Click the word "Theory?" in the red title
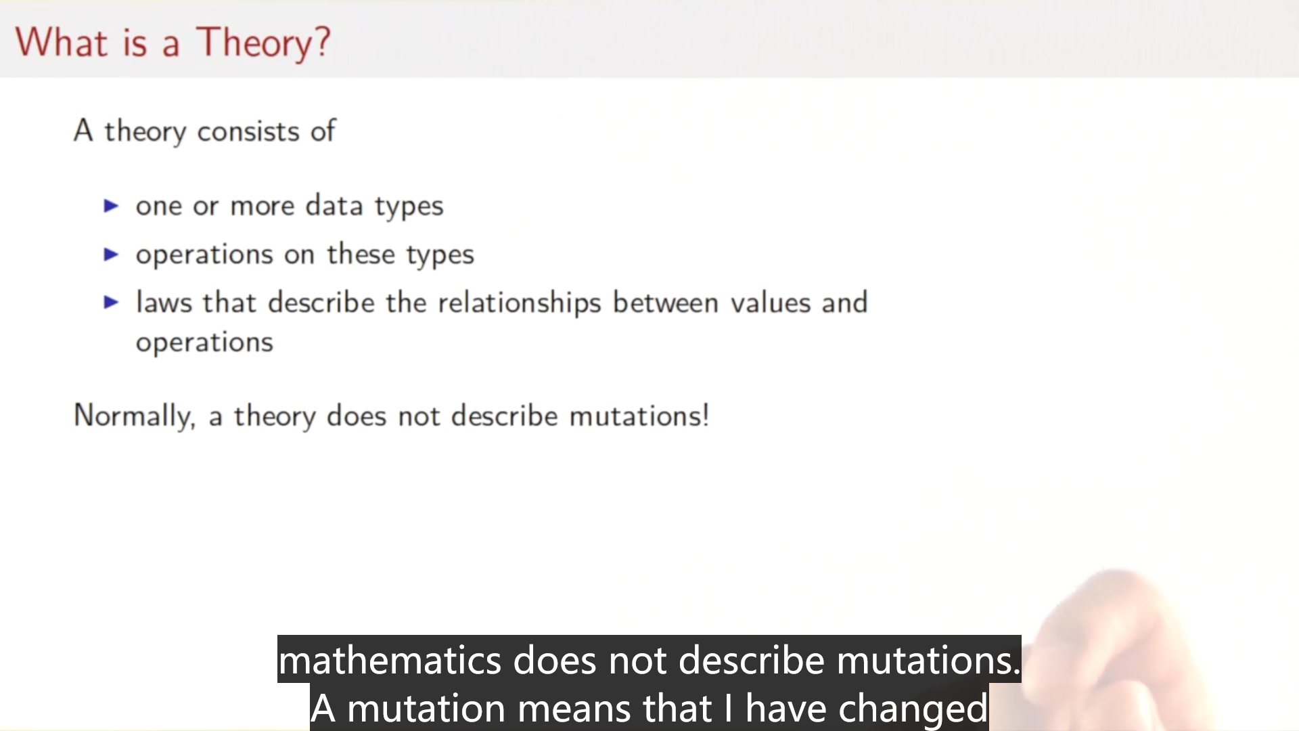263,43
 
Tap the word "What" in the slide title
62,42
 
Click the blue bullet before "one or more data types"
112,206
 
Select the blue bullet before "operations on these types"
112,254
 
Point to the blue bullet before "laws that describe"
112,303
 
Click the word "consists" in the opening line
248,131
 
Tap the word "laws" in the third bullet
164,302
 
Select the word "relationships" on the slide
520,303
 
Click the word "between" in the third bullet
666,302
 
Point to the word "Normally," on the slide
135,416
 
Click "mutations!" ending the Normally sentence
639,416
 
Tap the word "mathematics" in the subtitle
390,660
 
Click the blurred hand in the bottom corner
1116,650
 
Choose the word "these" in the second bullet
361,254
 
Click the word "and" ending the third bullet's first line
844,303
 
